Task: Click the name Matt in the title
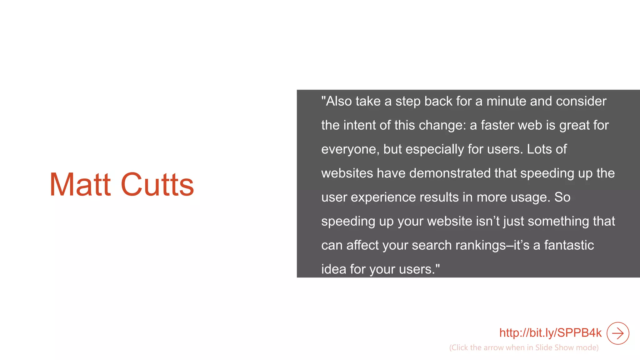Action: click(x=80, y=185)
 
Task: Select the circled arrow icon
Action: click(x=617, y=333)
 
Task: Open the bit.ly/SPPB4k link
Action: click(x=550, y=333)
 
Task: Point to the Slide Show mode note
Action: click(x=524, y=347)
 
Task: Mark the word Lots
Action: click(x=539, y=149)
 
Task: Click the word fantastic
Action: click(x=569, y=245)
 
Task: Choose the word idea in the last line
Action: click(x=333, y=269)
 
